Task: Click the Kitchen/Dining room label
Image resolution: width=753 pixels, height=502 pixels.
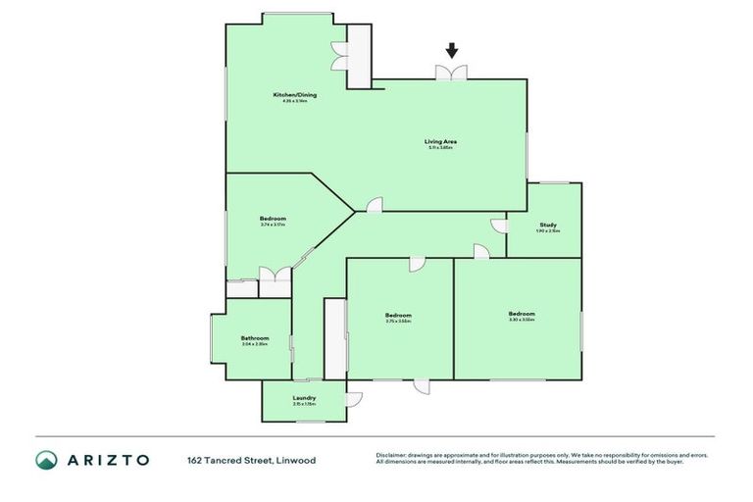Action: click(x=294, y=95)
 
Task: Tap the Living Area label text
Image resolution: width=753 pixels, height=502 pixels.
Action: click(x=440, y=141)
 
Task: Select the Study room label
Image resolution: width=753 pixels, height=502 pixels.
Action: click(x=548, y=225)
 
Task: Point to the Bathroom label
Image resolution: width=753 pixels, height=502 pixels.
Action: click(x=254, y=338)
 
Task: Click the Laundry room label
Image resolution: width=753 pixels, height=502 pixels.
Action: click(x=304, y=397)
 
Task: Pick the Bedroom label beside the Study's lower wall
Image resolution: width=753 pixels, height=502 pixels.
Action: click(x=522, y=314)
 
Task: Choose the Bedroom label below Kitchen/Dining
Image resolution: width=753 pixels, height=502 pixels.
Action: click(x=273, y=218)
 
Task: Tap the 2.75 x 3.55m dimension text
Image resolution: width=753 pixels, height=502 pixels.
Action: click(x=398, y=321)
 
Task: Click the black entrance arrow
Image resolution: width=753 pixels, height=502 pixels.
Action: click(x=452, y=51)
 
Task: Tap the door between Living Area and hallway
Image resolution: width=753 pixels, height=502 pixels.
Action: click(x=374, y=205)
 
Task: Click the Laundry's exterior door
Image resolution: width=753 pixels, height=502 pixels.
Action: click(x=353, y=399)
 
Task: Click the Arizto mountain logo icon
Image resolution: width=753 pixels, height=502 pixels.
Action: click(x=46, y=460)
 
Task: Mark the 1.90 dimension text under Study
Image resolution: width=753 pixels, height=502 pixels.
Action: click(x=543, y=231)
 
